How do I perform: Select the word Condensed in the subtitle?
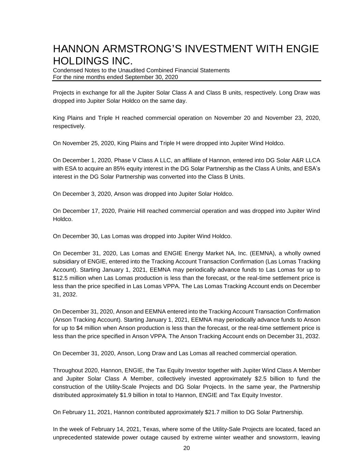pyautogui.click(x=66, y=70)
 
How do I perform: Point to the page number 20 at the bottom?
pyautogui.click(x=186, y=448)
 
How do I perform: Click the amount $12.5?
pyautogui.click(x=61, y=278)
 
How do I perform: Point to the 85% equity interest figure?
pyautogui.click(x=159, y=169)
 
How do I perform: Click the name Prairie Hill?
pyautogui.click(x=132, y=211)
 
